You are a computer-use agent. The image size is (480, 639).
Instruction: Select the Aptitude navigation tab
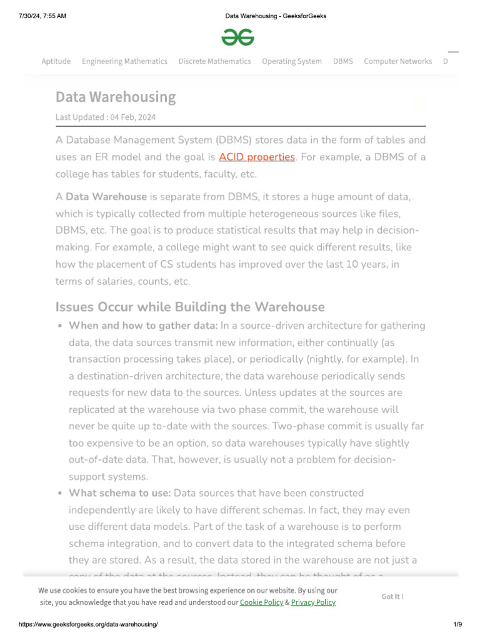pyautogui.click(x=56, y=61)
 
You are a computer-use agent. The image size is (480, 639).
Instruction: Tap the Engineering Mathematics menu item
pyautogui.click(x=124, y=61)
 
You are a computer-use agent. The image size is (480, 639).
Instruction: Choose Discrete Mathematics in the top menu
pyautogui.click(x=214, y=61)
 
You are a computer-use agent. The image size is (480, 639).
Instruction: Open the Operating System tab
pyautogui.click(x=292, y=61)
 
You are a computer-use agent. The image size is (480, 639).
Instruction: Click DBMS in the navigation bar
pyautogui.click(x=342, y=61)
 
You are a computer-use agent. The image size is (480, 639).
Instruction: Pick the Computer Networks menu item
pyautogui.click(x=397, y=61)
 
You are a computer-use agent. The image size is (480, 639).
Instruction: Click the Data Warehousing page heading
pyautogui.click(x=116, y=97)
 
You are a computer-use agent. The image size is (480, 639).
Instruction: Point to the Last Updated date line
pyautogui.click(x=106, y=117)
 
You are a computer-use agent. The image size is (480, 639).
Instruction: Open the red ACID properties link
pyautogui.click(x=256, y=157)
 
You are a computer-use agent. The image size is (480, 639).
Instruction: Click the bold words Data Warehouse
pyautogui.click(x=106, y=197)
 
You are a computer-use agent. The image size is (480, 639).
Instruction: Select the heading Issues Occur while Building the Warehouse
pyautogui.click(x=190, y=307)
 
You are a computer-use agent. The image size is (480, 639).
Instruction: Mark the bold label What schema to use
pyautogui.click(x=119, y=493)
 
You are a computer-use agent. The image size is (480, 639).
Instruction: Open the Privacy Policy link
pyautogui.click(x=313, y=602)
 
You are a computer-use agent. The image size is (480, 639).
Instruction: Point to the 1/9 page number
pyautogui.click(x=457, y=625)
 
